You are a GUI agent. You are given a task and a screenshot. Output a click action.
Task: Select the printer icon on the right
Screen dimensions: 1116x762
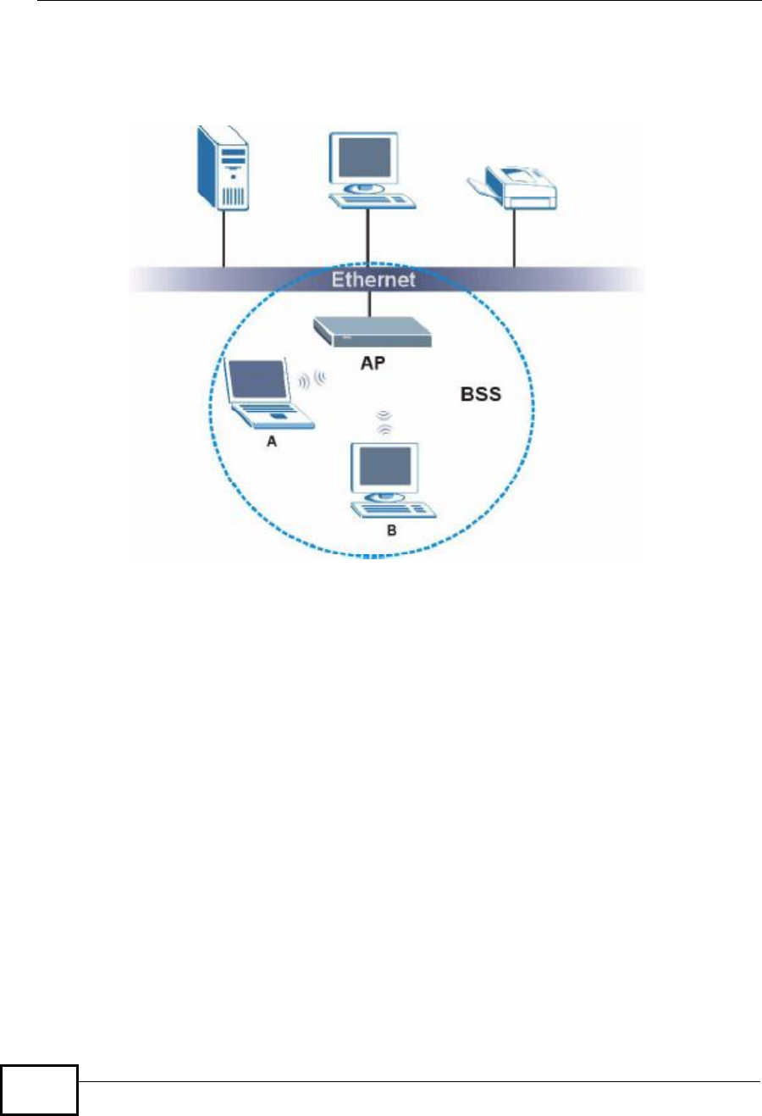click(514, 188)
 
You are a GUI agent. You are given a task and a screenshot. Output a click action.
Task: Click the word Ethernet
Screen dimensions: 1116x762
click(373, 280)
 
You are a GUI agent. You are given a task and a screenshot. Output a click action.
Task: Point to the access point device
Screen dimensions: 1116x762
click(373, 331)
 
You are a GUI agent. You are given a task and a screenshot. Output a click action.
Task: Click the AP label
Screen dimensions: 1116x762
click(373, 363)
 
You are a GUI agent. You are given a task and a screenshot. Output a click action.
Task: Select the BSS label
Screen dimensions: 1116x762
click(481, 394)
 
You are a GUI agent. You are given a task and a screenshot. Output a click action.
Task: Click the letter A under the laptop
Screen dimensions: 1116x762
click(272, 441)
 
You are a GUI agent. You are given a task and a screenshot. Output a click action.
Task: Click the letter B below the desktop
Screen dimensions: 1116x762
click(391, 530)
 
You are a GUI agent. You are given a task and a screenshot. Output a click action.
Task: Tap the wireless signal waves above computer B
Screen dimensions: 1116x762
click(384, 422)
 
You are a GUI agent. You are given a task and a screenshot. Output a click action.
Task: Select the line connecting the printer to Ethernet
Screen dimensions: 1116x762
click(514, 237)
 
